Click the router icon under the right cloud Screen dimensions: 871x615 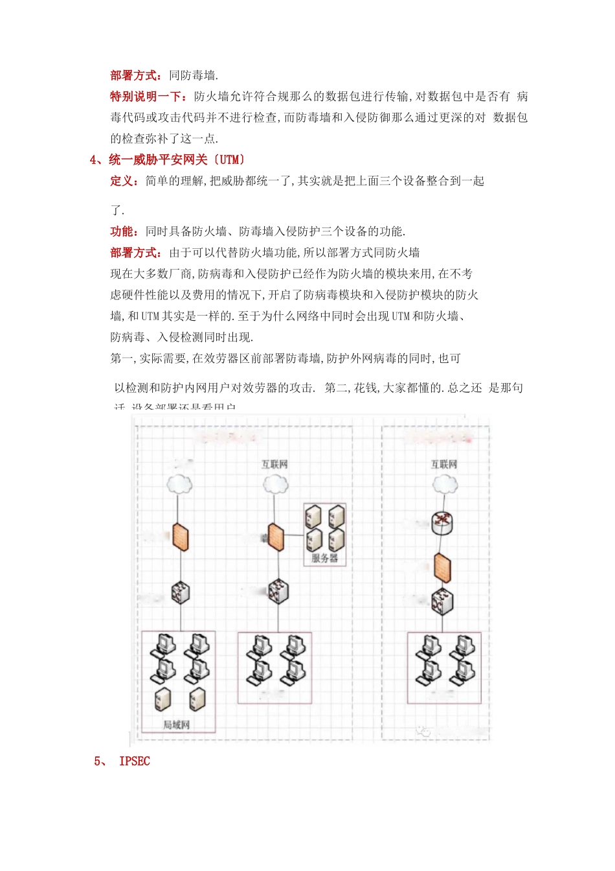click(x=443, y=523)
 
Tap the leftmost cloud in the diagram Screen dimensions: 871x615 click(x=179, y=484)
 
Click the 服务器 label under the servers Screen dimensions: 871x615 click(x=324, y=558)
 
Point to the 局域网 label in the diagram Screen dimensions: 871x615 click(x=177, y=725)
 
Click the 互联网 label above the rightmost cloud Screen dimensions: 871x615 click(x=444, y=465)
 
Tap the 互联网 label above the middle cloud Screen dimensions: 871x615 click(x=274, y=465)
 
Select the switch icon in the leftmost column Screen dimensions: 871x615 click(x=180, y=592)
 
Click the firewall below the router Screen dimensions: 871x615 click(x=443, y=568)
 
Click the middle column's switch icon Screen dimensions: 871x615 click(x=278, y=591)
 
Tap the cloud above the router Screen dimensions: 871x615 click(x=444, y=484)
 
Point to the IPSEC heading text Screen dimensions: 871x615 click(x=135, y=761)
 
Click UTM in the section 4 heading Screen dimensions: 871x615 click(x=230, y=159)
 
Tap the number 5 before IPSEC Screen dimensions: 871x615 click(x=98, y=761)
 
